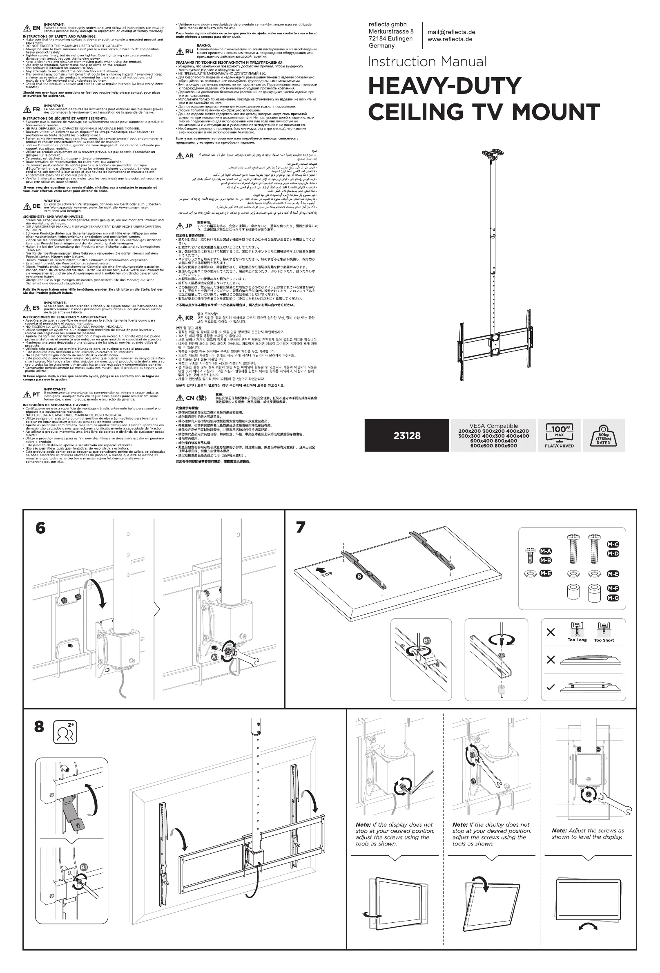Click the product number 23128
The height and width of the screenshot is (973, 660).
tap(407, 436)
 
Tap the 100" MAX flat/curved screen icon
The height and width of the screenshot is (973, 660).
tap(559, 436)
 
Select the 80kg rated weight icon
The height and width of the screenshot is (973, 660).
tap(603, 436)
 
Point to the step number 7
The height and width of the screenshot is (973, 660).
tap(301, 527)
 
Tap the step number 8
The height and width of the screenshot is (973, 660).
tap(39, 727)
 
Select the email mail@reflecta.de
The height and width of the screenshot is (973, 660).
tap(451, 32)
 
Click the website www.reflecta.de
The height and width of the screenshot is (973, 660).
tap(450, 39)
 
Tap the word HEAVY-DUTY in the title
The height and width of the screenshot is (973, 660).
tap(444, 86)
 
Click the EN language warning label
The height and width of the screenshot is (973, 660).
tap(32, 28)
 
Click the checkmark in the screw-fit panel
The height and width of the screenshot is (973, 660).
tap(551, 687)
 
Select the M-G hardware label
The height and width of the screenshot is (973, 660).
tap(613, 598)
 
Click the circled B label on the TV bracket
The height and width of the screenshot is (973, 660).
tap(359, 577)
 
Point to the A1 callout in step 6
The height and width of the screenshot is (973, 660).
tap(215, 658)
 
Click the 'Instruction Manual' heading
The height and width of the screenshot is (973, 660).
tap(426, 62)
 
